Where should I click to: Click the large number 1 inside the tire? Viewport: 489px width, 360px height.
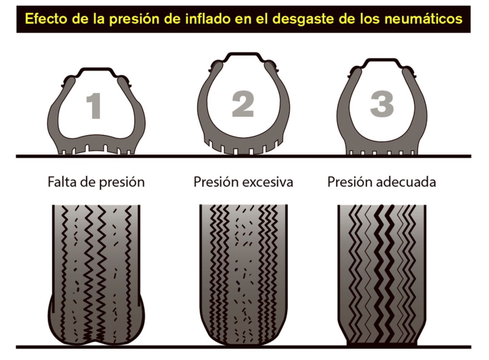(94, 106)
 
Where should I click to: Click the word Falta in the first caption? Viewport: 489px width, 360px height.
(61, 182)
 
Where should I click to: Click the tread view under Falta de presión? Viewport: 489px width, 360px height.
(96, 272)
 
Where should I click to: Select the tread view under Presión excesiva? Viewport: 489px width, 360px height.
(243, 272)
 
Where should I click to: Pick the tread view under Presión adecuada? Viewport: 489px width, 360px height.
(382, 272)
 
